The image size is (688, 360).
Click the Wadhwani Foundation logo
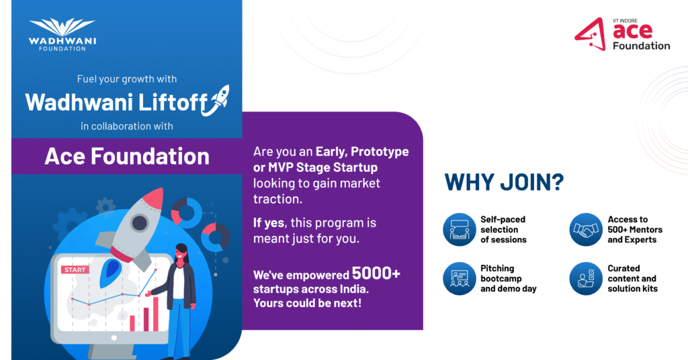pos(62,34)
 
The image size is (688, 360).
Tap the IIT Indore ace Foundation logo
pos(622,34)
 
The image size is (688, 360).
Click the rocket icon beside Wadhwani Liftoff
pos(216,101)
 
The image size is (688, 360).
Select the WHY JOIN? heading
pos(504,182)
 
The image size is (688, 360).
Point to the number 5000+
pos(376,273)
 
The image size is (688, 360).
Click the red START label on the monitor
pos(75,270)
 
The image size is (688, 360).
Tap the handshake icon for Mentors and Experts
pos(586,229)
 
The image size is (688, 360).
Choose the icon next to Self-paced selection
pos(460,229)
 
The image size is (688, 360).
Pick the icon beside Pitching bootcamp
pos(460,279)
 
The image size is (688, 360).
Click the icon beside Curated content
pos(586,279)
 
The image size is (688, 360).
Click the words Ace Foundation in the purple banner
pos(127,156)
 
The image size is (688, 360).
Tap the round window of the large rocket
pos(139,223)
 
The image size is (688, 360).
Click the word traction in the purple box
pos(277,199)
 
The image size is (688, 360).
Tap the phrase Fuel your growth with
pos(127,79)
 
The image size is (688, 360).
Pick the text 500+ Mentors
pos(635,229)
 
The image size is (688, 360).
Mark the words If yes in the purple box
pos(269,223)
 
